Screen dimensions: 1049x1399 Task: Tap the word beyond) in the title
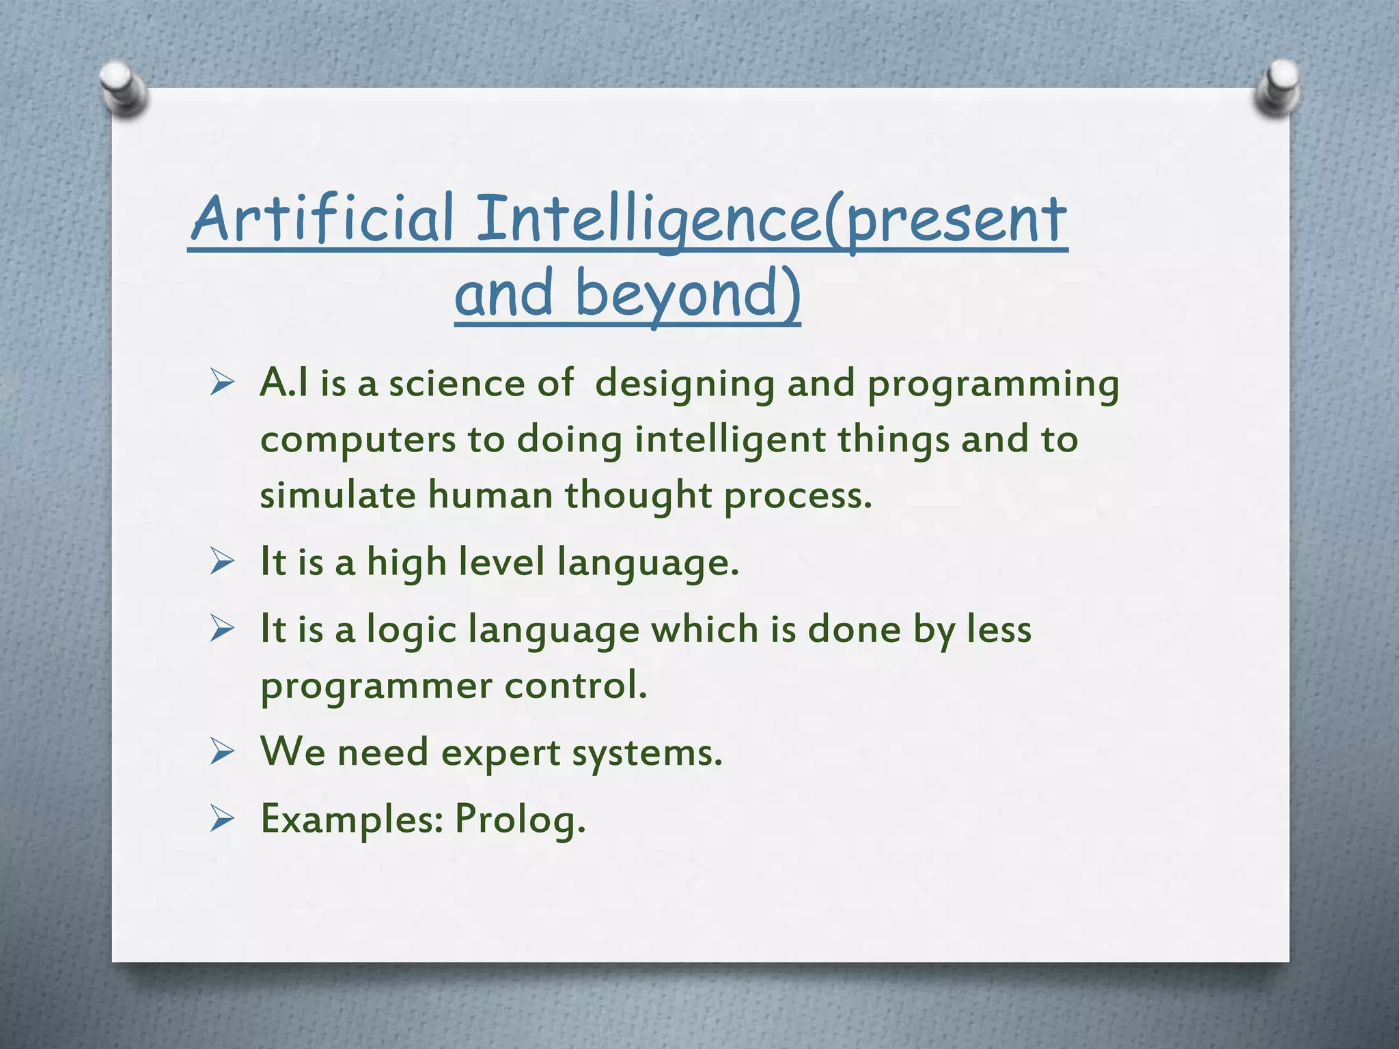point(687,294)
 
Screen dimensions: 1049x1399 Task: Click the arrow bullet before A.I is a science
point(223,384)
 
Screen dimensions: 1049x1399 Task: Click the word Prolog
point(520,818)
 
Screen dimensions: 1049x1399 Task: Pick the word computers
point(358,440)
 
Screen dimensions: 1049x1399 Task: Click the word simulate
point(337,494)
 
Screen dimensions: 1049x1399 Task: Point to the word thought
point(638,496)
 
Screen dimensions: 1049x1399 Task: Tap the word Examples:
point(352,819)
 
